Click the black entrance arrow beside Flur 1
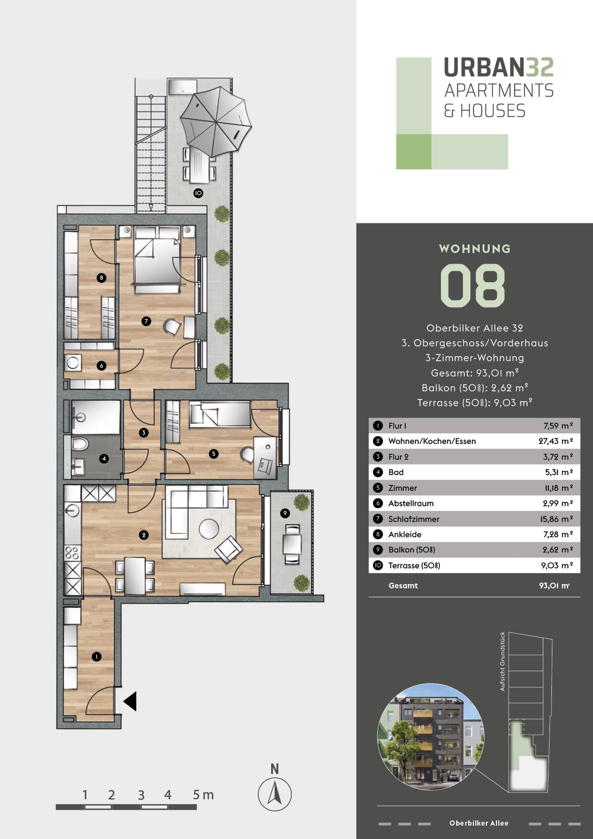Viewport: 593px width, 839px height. (x=131, y=701)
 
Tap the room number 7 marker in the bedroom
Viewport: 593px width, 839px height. (x=146, y=321)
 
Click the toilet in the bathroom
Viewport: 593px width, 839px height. (x=79, y=443)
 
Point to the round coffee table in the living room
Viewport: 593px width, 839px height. (x=209, y=529)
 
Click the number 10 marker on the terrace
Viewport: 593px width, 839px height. (x=198, y=193)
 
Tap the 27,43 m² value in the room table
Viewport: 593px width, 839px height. (x=555, y=441)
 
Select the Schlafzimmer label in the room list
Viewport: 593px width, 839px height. (x=414, y=519)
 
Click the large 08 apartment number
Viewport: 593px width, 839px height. (x=472, y=286)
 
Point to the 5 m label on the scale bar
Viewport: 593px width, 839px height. (x=203, y=795)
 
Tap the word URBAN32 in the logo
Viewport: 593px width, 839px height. (x=498, y=67)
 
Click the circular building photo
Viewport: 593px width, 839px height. (x=430, y=736)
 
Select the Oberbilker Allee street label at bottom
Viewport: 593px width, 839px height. (x=479, y=823)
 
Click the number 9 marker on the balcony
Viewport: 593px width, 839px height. (x=285, y=513)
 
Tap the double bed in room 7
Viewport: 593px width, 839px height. (x=157, y=258)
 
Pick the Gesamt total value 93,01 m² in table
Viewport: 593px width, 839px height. (x=554, y=585)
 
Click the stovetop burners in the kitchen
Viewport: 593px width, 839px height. (x=72, y=552)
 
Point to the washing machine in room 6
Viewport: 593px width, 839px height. (x=73, y=362)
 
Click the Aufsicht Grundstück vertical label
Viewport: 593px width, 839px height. (x=502, y=661)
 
